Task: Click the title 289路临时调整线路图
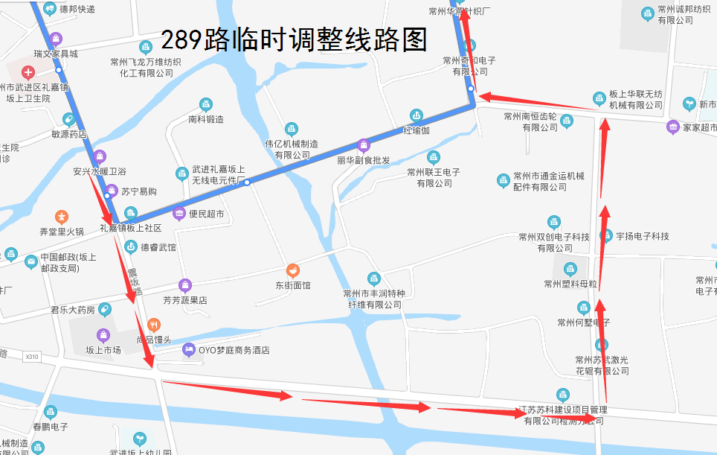click(294, 39)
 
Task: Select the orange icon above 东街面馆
click(293, 270)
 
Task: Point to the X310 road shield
click(31, 357)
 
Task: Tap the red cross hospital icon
click(28, 72)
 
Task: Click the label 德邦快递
click(77, 9)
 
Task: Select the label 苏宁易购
click(139, 191)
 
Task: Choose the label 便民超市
click(206, 214)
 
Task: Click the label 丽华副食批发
click(363, 160)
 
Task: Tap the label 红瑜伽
click(417, 130)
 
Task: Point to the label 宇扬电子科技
click(642, 236)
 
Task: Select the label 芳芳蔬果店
click(184, 301)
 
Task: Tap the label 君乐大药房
click(73, 310)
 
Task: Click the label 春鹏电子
click(51, 427)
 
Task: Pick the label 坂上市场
click(103, 350)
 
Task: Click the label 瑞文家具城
click(55, 54)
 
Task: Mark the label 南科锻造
click(206, 119)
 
